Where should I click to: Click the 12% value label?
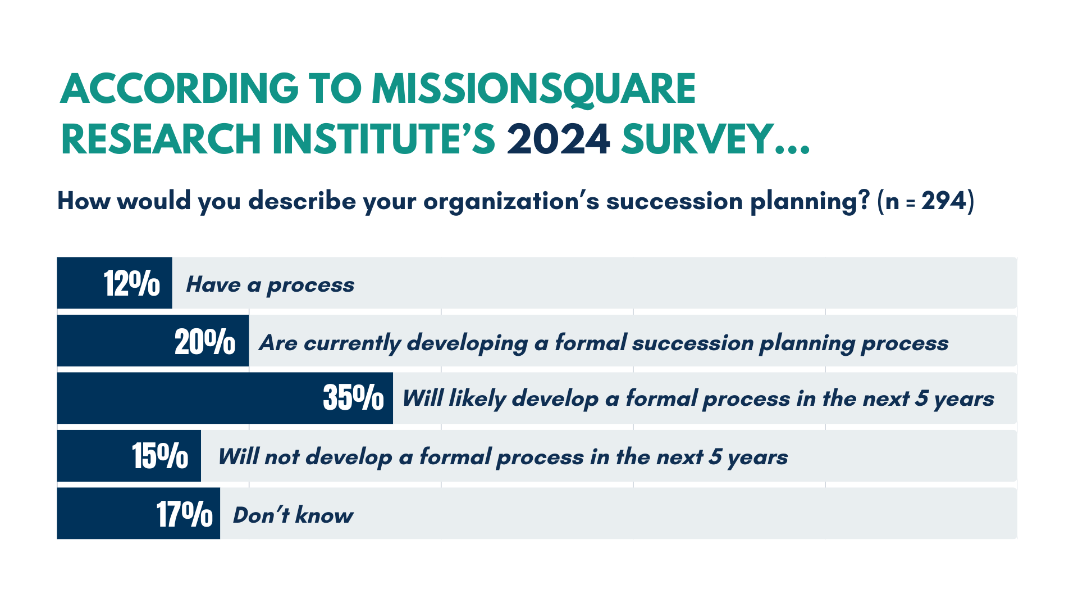132,283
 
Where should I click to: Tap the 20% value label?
205,341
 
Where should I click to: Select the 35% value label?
354,398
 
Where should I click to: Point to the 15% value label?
160,456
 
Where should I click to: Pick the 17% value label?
185,514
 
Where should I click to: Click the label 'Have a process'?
270,285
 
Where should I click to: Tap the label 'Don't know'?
293,515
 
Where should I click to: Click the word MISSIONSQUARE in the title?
533,89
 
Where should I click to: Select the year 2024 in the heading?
558,139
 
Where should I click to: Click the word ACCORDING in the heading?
179,89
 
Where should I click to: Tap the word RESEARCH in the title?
161,139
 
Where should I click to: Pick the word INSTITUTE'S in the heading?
383,139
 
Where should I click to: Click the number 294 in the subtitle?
944,201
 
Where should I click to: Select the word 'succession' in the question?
674,201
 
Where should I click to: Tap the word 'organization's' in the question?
511,201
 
